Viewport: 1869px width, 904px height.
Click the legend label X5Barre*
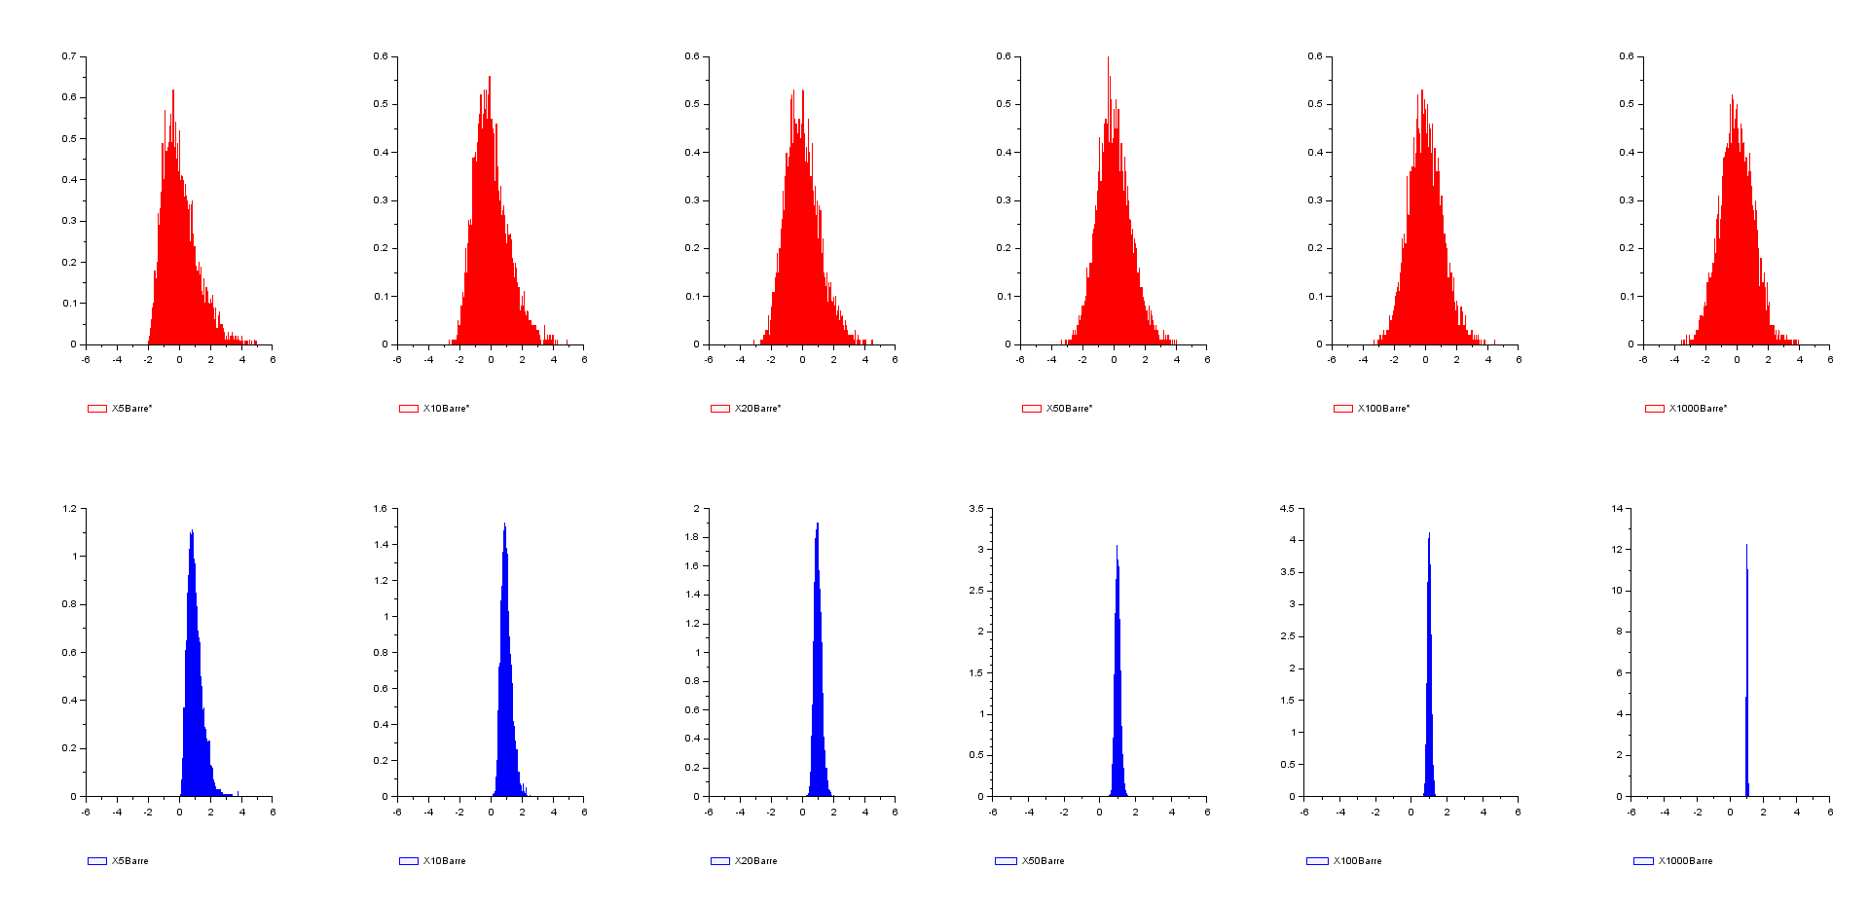(x=131, y=409)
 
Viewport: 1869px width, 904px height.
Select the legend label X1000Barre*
(x=1698, y=409)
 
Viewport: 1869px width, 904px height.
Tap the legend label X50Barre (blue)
(x=1043, y=861)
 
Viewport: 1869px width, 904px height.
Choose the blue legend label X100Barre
(x=1357, y=861)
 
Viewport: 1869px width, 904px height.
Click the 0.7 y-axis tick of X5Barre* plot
(x=69, y=56)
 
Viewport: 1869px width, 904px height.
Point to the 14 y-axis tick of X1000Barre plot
(x=1617, y=509)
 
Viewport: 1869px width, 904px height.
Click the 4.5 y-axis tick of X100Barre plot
(x=1287, y=509)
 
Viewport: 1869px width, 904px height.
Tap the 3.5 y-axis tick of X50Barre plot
(x=975, y=509)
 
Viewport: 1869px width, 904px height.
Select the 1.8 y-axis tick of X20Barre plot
(x=692, y=537)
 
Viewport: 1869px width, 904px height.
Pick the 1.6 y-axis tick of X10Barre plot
(x=380, y=509)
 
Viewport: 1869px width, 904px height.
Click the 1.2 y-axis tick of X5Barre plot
(x=69, y=509)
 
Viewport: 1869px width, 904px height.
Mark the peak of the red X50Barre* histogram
(x=1108, y=57)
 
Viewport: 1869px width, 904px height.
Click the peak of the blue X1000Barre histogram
(x=1746, y=545)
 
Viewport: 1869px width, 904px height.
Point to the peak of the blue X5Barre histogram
(x=192, y=530)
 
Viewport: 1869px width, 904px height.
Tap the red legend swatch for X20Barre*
(x=719, y=409)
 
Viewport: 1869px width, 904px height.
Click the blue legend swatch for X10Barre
(x=408, y=861)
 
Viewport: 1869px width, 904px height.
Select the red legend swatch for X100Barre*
(x=1342, y=409)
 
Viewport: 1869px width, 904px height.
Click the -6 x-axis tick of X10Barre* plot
(x=397, y=360)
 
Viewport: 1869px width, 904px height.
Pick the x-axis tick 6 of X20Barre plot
(x=895, y=813)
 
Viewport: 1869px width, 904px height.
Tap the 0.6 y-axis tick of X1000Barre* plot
(x=1627, y=56)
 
